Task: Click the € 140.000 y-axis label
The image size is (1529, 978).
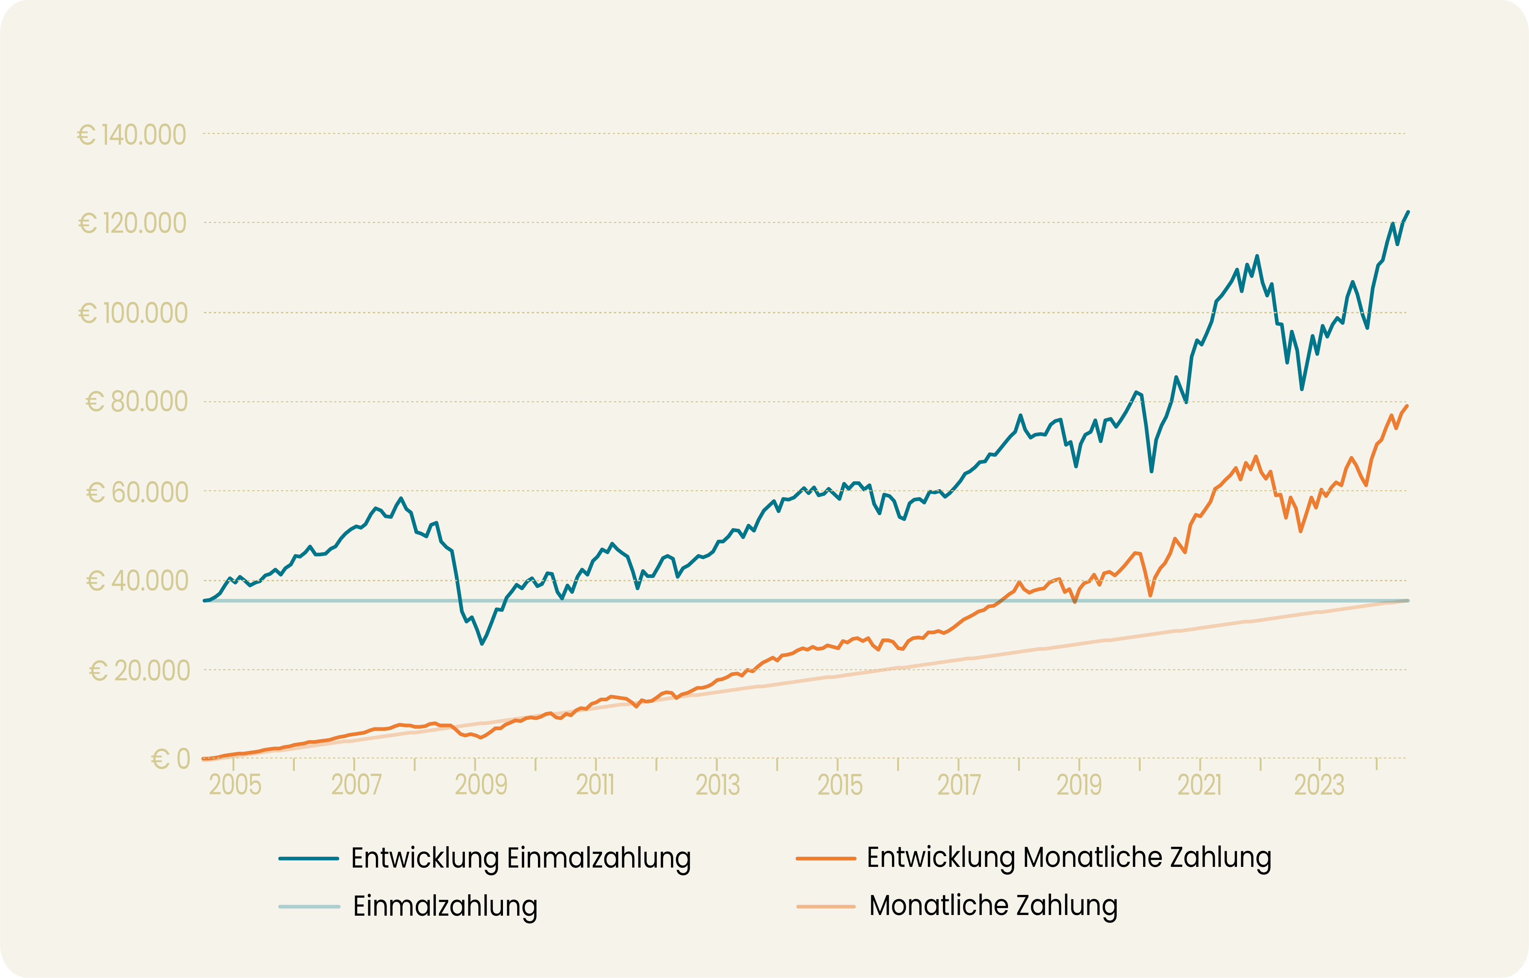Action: click(x=132, y=135)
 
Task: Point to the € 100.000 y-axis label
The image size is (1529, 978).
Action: click(x=133, y=313)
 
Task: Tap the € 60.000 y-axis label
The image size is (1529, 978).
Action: click(x=137, y=492)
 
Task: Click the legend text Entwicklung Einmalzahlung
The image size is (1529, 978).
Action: click(x=521, y=858)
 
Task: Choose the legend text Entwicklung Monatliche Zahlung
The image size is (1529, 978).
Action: click(x=1069, y=858)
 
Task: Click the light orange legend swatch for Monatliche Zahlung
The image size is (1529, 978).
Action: click(x=825, y=906)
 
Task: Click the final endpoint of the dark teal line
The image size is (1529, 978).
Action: click(x=1408, y=212)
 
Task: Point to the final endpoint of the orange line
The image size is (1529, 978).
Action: click(x=1407, y=406)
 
